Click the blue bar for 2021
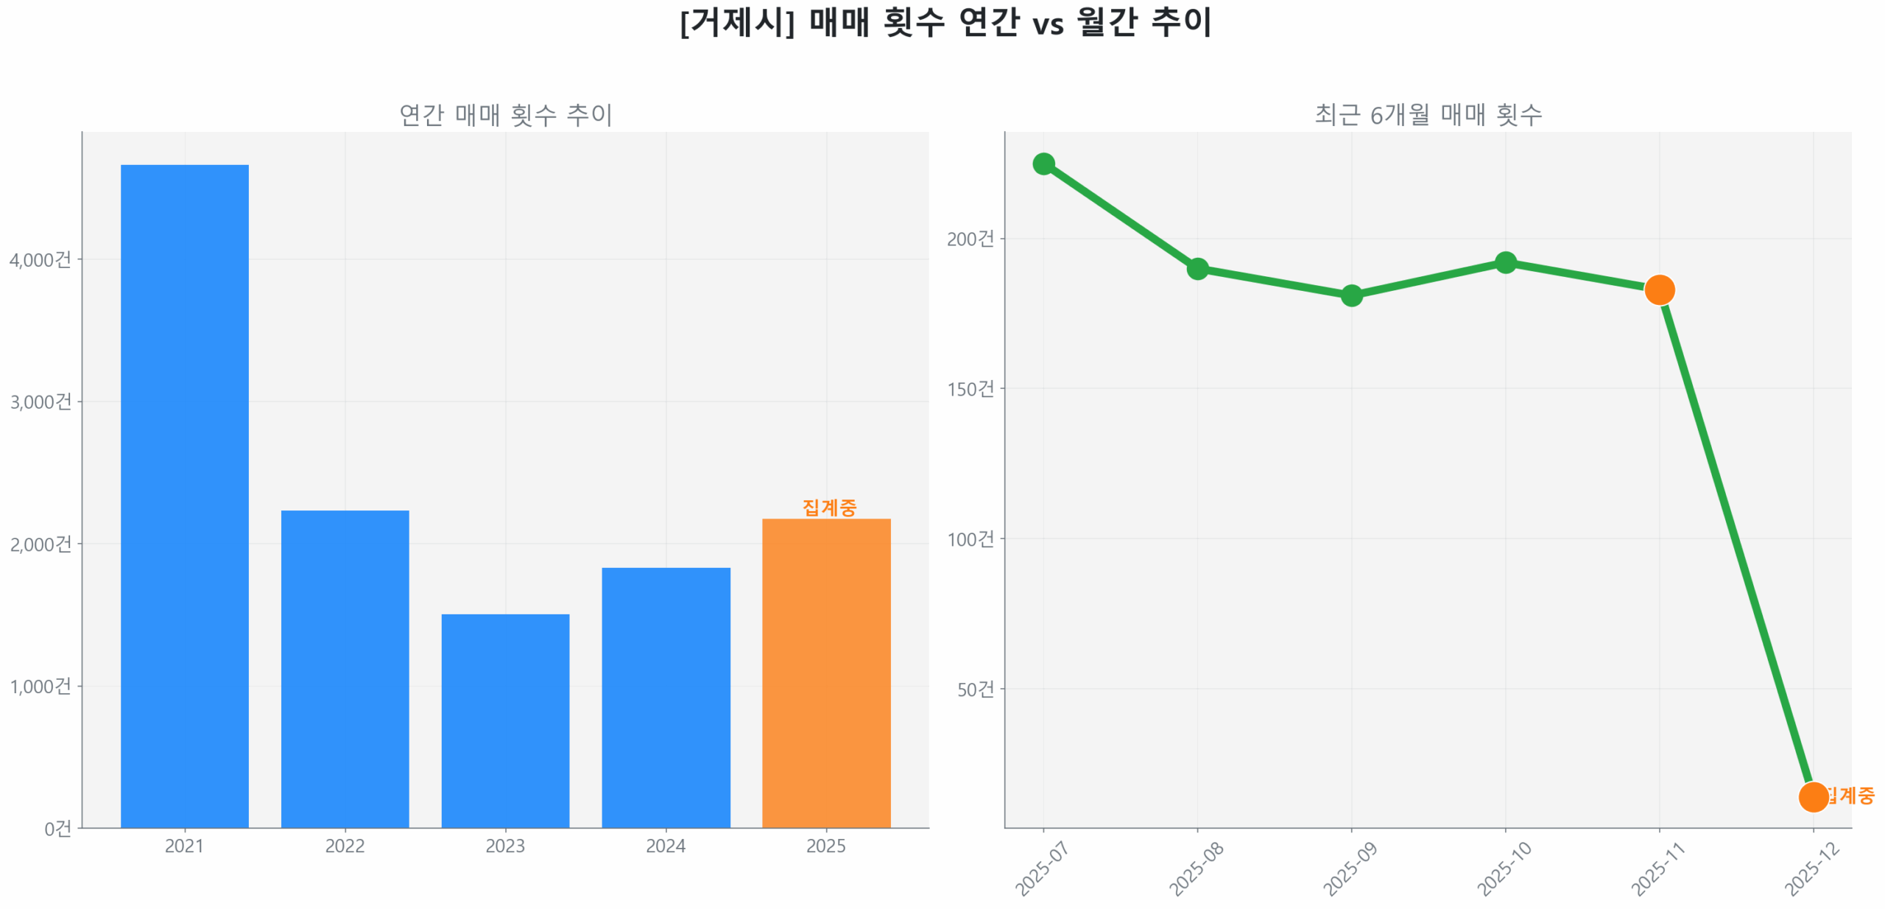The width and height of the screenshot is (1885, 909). (x=184, y=494)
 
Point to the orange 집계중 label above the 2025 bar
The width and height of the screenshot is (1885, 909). (x=829, y=507)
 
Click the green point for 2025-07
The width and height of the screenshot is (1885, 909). (x=1043, y=164)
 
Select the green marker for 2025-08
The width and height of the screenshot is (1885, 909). (x=1197, y=268)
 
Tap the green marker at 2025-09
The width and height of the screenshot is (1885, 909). (x=1351, y=295)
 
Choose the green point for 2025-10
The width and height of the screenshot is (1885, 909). (x=1506, y=262)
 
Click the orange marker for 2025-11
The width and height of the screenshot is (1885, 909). (x=1660, y=289)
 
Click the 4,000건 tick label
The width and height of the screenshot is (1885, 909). (x=40, y=259)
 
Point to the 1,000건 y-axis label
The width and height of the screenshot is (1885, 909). (x=40, y=686)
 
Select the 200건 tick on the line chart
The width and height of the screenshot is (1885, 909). (x=970, y=239)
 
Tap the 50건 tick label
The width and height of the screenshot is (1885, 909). (x=975, y=689)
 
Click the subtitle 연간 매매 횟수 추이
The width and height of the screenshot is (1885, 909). (x=505, y=115)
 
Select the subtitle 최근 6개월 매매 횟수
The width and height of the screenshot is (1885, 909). (x=1428, y=115)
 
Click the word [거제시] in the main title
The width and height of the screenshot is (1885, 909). (x=737, y=22)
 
